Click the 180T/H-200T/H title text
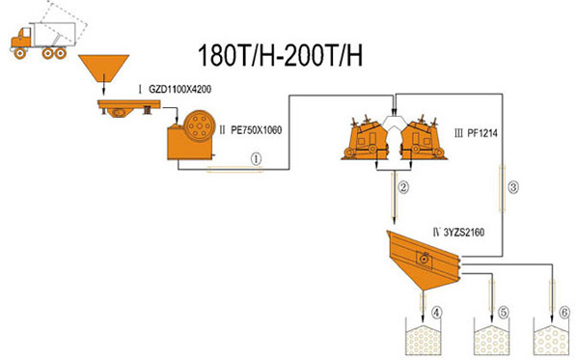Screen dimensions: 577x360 point(280,56)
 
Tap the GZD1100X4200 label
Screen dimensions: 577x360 point(179,89)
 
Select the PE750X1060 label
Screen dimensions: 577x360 point(256,130)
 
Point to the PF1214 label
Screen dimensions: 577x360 point(482,133)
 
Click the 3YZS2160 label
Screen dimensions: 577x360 point(464,233)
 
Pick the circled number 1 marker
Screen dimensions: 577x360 point(256,159)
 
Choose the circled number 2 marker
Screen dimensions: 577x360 point(403,187)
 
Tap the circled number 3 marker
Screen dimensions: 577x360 point(513,187)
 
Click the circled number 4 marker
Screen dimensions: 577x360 point(436,313)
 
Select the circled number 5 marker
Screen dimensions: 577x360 point(503,313)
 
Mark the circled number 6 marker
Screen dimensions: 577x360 point(563,313)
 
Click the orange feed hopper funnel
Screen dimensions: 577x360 point(104,69)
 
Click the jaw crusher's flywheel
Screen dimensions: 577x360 point(199,125)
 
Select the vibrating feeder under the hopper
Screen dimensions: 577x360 point(128,107)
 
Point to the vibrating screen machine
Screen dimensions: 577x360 point(424,260)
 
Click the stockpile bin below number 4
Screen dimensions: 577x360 point(423,337)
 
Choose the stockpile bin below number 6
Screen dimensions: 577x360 point(551,337)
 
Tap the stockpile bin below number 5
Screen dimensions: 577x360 point(492,337)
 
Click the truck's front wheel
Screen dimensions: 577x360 point(20,54)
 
